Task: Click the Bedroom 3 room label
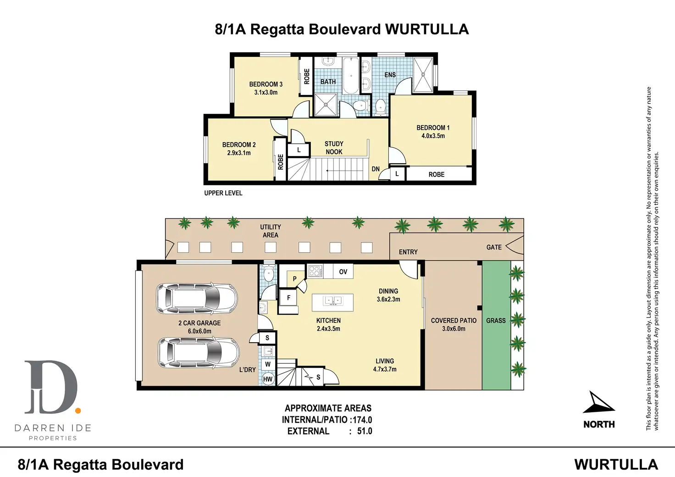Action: [266, 84]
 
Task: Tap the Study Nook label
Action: [334, 148]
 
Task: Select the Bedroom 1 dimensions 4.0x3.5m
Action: [433, 136]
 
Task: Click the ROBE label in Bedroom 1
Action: [437, 174]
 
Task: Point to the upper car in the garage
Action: [197, 298]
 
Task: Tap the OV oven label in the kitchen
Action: [343, 272]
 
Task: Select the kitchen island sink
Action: [332, 301]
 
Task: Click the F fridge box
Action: [288, 298]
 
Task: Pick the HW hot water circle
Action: [268, 379]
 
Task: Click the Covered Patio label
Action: [454, 321]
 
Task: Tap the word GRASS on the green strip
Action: [496, 321]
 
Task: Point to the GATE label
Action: [494, 247]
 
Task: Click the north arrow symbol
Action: [598, 403]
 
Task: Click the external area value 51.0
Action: [365, 431]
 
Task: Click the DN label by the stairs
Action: [376, 169]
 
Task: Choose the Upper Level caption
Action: [223, 193]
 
